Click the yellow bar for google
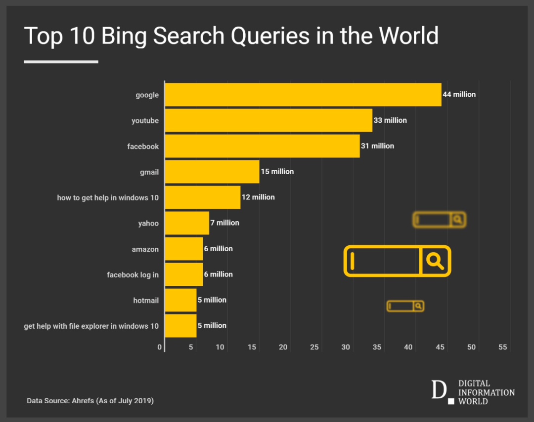[303, 95]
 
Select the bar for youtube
[268, 120]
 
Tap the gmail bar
[212, 172]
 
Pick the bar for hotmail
[180, 300]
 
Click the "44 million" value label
[459, 94]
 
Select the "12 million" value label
[258, 197]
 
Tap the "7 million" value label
[225, 223]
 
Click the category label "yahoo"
[148, 224]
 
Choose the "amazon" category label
[145, 249]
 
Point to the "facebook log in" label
[133, 275]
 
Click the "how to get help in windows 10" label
[108, 198]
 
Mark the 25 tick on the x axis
[314, 347]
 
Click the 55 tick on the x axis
[503, 347]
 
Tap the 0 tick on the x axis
[160, 347]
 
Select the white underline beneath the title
[61, 62]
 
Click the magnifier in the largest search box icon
[435, 260]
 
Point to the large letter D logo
[439, 390]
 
